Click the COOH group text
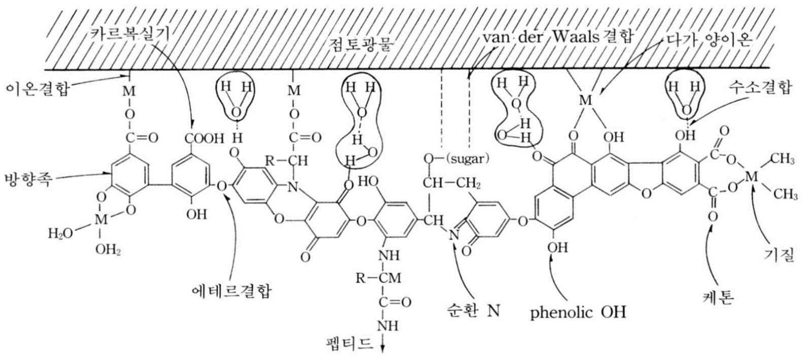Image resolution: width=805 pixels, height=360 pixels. click(204, 137)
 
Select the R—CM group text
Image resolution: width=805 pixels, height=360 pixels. click(374, 278)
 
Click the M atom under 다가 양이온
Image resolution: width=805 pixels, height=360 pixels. click(586, 100)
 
